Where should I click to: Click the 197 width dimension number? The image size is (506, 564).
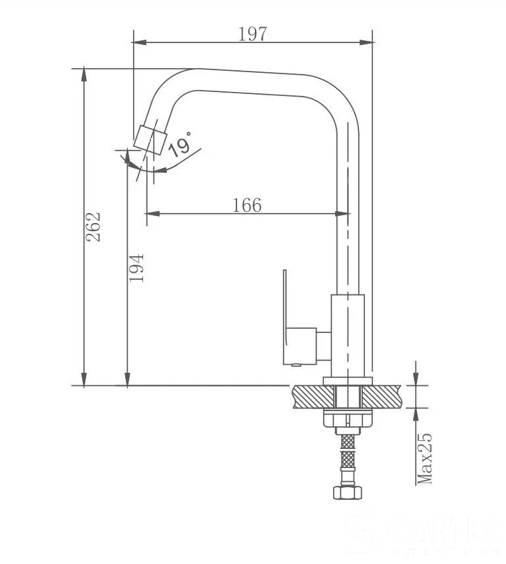point(252,34)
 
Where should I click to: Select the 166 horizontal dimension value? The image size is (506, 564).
point(247,205)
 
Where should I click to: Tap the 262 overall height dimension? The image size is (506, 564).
point(95,226)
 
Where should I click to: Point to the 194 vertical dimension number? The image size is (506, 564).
point(136,267)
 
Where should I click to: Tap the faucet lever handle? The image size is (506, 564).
point(285,318)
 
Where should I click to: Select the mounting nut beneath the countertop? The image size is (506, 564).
point(348,419)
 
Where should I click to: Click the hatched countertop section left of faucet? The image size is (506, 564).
point(312,397)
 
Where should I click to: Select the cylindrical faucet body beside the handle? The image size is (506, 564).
point(348,334)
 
